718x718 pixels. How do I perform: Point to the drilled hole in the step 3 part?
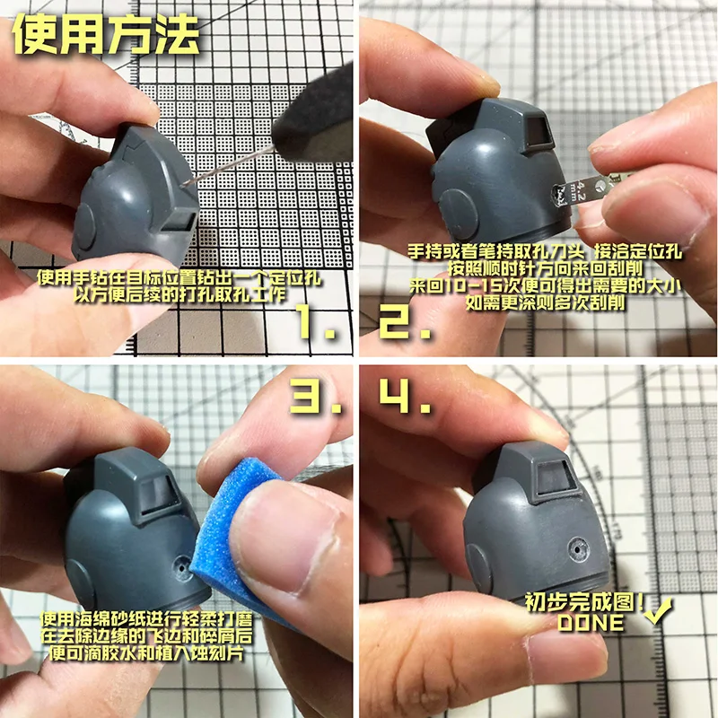point(184,565)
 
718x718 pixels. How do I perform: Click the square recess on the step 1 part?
point(184,216)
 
